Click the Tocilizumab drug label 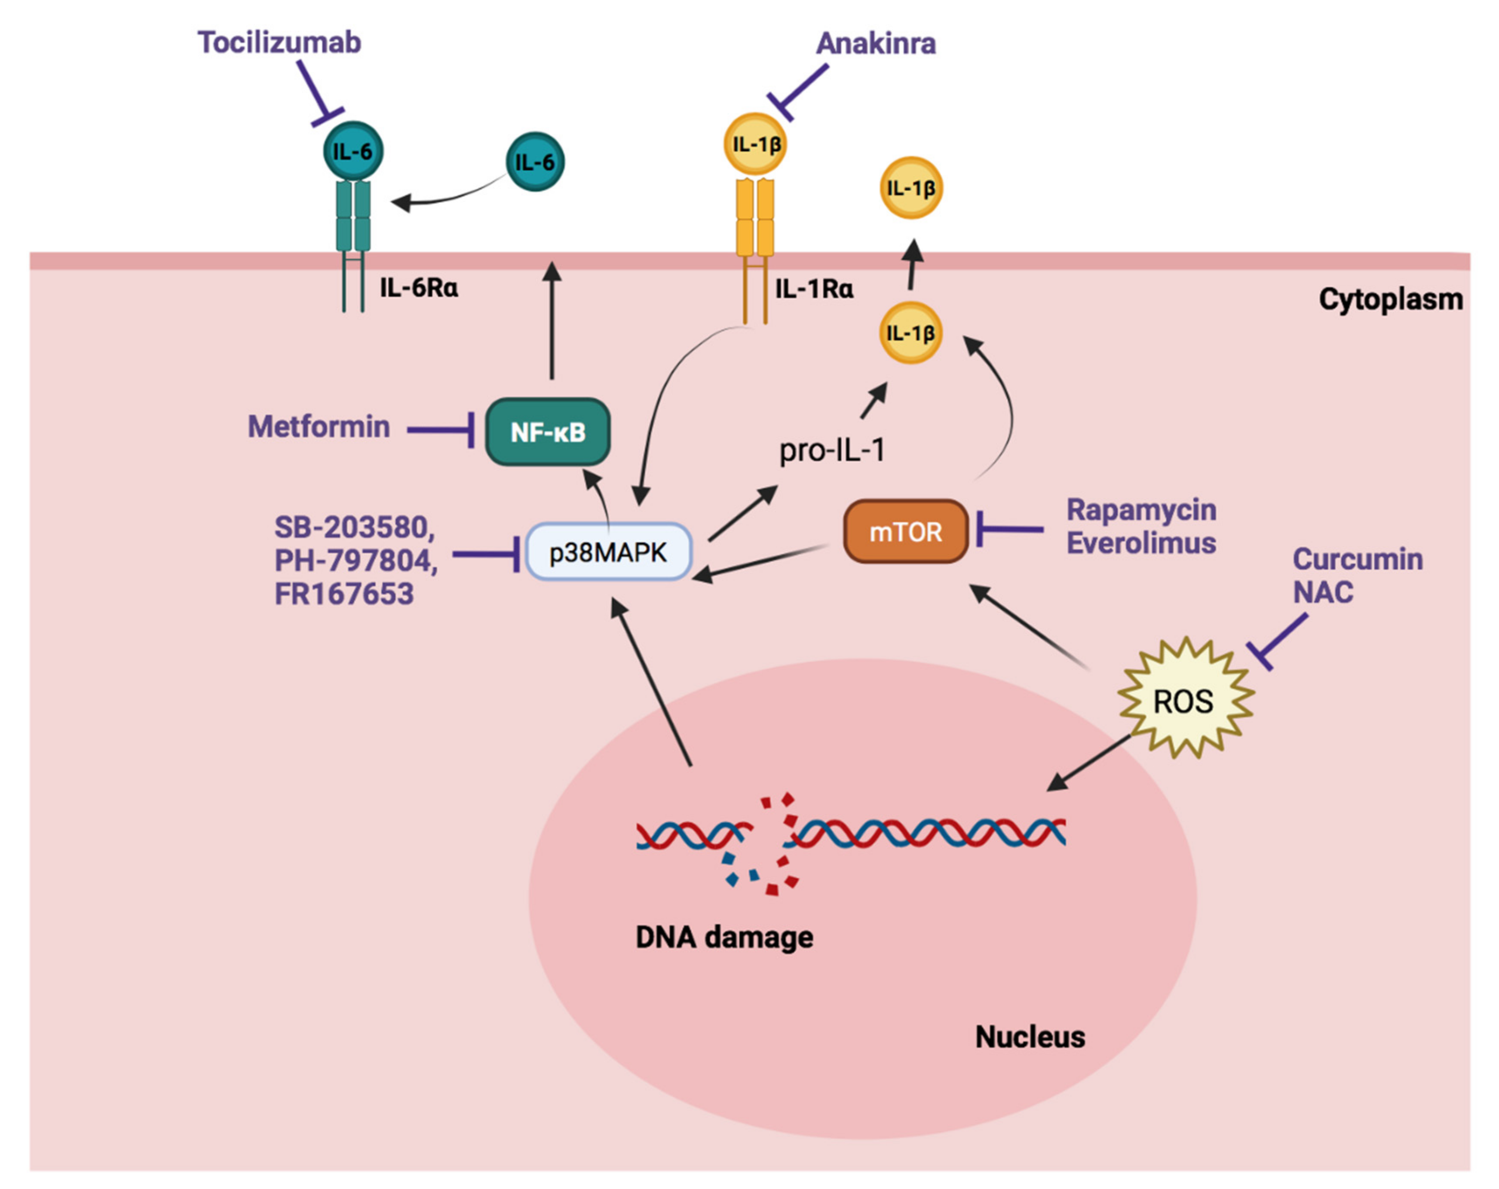(279, 43)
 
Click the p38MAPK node (608, 552)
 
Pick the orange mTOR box (905, 532)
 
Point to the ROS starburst (1183, 701)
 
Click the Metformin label (319, 427)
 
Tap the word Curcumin (1357, 559)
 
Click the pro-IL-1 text (831, 450)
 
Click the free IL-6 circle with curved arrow (535, 162)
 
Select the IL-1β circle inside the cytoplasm (911, 333)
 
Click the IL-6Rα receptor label (419, 287)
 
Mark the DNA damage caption (724, 937)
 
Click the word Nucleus (1030, 1037)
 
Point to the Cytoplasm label (1391, 300)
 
